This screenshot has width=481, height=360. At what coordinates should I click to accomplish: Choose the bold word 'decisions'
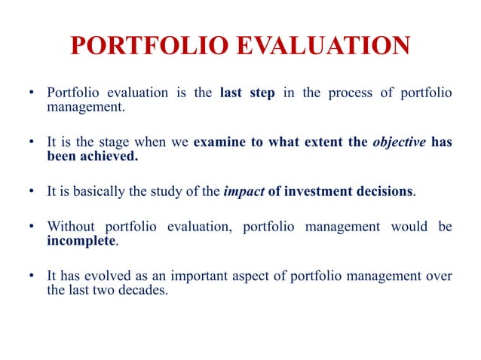(382, 191)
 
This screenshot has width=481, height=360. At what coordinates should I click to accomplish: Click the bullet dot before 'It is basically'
(32, 191)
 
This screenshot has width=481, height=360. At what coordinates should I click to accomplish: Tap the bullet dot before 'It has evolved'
(32, 276)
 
